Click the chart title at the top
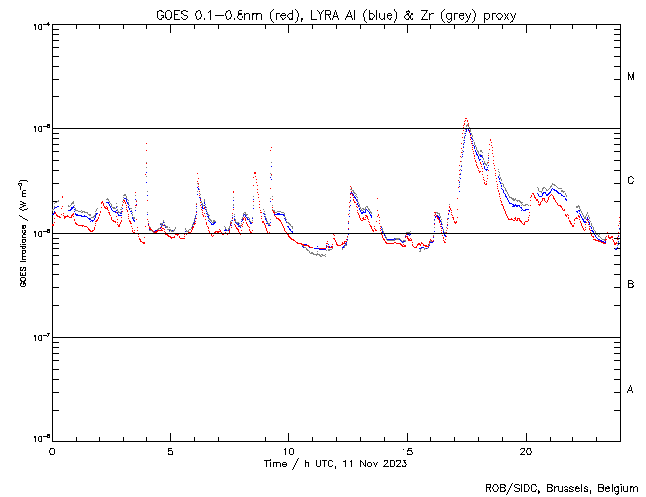point(336,15)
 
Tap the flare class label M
point(631,77)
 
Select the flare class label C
point(631,181)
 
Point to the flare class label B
point(631,285)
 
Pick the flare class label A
point(631,390)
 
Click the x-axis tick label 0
point(52,450)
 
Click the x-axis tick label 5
point(170,450)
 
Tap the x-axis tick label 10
point(288,450)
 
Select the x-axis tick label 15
point(407,450)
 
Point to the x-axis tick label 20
point(526,450)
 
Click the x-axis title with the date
point(335,463)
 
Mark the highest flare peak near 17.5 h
point(466,119)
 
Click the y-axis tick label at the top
point(40,25)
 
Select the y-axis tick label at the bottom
point(40,438)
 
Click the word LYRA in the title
point(330,15)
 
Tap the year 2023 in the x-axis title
point(394,463)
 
